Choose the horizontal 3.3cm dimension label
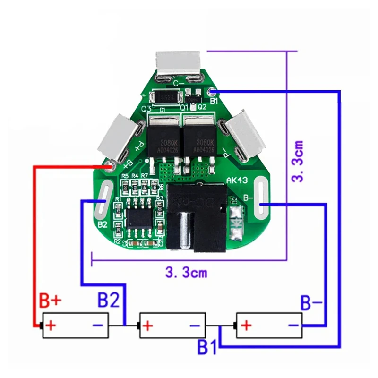coord(186,273)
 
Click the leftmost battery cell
coord(76,326)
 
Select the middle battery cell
coord(172,326)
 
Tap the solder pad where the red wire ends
coord(111,165)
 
